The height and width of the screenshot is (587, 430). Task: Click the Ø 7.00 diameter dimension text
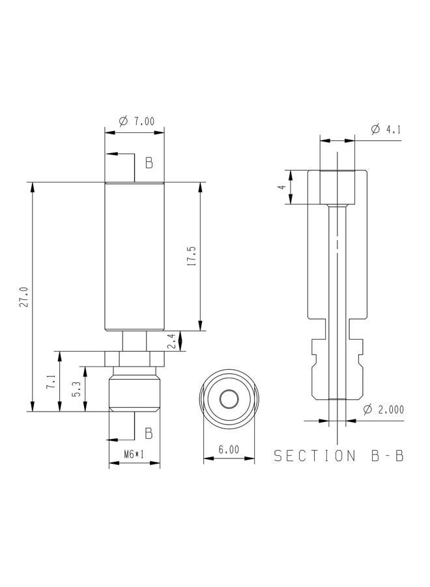[x=136, y=121]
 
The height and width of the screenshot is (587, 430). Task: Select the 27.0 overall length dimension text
[x=24, y=297]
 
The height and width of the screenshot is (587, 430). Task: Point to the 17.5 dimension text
[x=192, y=256]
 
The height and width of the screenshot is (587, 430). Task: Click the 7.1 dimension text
[x=51, y=382]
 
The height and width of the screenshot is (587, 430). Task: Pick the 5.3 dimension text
[x=77, y=389]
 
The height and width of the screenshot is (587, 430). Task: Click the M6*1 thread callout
[x=134, y=454]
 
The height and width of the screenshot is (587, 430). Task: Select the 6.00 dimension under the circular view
[x=229, y=449]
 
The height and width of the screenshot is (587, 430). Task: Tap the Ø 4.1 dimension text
[x=386, y=130]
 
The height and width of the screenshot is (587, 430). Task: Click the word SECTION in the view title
[x=315, y=456]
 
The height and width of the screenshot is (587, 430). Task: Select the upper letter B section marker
[x=149, y=163]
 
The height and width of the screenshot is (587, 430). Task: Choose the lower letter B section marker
[x=149, y=433]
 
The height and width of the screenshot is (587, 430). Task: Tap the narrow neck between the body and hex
[x=134, y=341]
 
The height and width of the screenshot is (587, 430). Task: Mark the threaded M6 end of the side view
[x=134, y=393]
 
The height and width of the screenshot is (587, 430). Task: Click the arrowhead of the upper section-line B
[x=112, y=153]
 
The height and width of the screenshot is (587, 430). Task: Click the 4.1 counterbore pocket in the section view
[x=337, y=187]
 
